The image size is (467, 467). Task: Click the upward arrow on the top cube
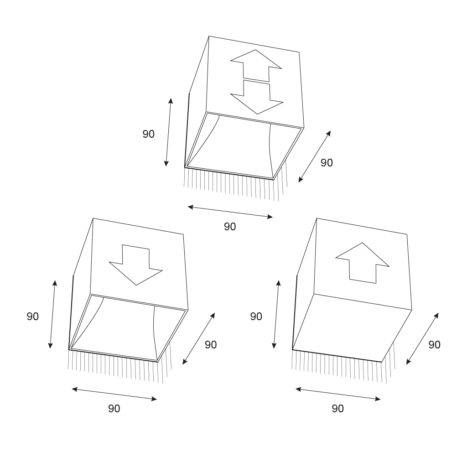[x=256, y=66]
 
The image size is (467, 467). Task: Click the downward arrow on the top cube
[x=257, y=99]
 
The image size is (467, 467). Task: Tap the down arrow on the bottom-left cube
[x=136, y=265]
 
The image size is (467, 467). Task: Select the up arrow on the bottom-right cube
[x=363, y=263]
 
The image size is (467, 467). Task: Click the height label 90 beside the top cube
[x=148, y=134]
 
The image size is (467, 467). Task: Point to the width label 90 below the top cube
[x=230, y=227]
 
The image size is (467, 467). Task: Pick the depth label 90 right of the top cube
[x=327, y=163]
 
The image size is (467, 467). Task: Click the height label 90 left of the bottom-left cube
[x=33, y=317]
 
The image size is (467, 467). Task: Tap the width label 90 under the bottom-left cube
[x=114, y=409]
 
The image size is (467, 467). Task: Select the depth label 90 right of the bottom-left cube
[x=211, y=345]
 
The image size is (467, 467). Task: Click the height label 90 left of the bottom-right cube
[x=256, y=317]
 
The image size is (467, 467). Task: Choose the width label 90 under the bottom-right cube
[x=338, y=409]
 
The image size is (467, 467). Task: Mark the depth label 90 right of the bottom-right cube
[x=434, y=345]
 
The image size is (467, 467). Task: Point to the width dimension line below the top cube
[x=230, y=212]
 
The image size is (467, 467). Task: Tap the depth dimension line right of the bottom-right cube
[x=422, y=338]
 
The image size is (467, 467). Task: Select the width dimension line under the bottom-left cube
[x=114, y=394]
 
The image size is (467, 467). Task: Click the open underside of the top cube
[x=244, y=146]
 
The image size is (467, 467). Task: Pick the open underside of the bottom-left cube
[x=128, y=328]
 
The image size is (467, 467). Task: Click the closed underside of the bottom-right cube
[x=352, y=328]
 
